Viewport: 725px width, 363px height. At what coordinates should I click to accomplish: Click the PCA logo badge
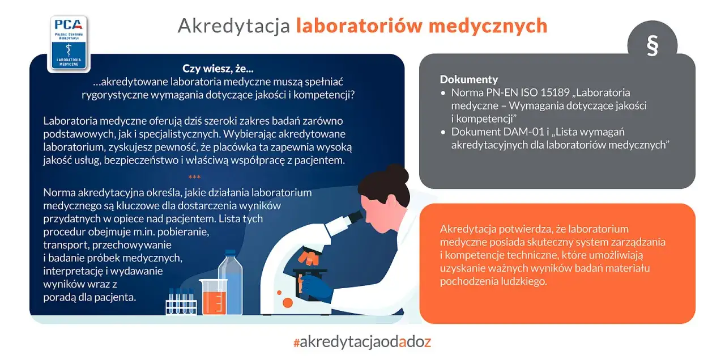point(69,43)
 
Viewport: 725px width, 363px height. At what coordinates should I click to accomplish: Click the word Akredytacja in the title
point(234,26)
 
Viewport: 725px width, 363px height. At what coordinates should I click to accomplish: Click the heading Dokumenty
point(468,79)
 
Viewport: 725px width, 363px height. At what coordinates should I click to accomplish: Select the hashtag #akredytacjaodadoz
point(362,342)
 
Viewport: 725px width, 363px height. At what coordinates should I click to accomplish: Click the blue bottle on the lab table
point(231,281)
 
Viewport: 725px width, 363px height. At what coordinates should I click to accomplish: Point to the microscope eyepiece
point(355,217)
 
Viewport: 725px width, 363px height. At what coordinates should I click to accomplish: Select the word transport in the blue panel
point(67,245)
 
